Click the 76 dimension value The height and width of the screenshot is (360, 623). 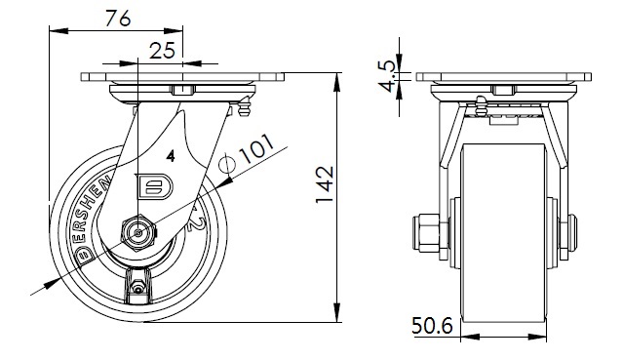pos(118,19)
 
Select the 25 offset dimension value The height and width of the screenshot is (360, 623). pos(162,51)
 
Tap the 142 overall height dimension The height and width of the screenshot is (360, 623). pos(325,184)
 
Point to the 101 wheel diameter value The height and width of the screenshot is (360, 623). pos(257,149)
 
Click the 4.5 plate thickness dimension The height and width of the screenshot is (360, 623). pos(390,76)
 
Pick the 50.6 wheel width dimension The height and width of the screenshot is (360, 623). pos(432,326)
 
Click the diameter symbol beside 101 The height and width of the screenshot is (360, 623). pos(227,164)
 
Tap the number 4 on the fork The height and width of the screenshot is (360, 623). pos(171,156)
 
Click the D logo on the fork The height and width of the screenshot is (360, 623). pos(155,186)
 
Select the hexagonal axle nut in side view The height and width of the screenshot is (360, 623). pos(137,233)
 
